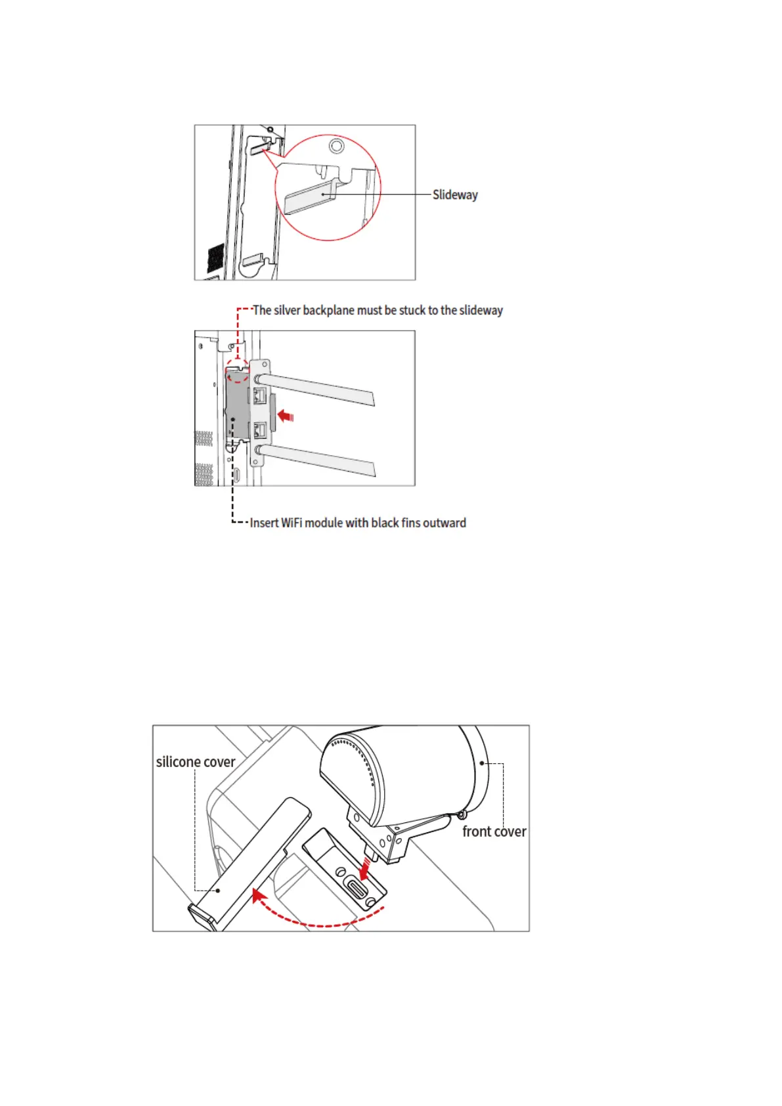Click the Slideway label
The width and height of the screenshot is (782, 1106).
[455, 195]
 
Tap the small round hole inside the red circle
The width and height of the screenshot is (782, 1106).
[336, 145]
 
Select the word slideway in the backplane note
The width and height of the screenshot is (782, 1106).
[481, 310]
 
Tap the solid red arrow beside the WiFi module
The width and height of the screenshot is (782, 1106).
[285, 416]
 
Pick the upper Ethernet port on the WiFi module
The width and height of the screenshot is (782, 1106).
[259, 395]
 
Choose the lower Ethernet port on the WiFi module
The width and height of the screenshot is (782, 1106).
[259, 431]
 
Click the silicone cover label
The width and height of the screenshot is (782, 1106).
[195, 762]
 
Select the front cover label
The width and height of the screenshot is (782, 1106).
[494, 831]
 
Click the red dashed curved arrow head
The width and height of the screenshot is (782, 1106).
[259, 896]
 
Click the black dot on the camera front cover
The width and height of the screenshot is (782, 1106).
[483, 763]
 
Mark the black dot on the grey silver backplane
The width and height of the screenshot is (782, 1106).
[233, 419]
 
